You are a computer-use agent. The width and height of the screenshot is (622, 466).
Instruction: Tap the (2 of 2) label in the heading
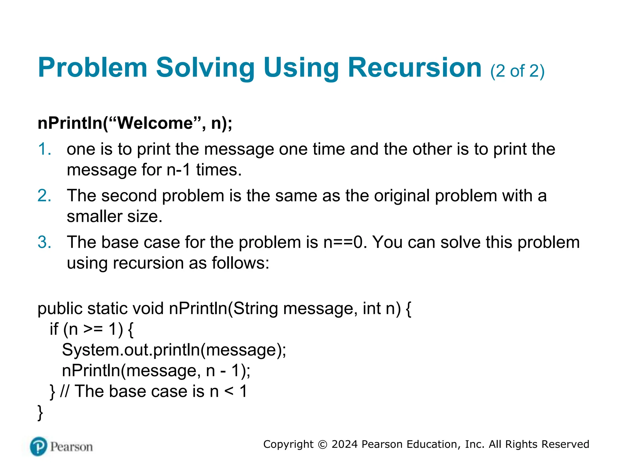click(517, 71)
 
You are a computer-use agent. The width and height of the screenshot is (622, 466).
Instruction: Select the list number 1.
click(44, 149)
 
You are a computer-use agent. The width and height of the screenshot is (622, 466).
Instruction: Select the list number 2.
click(44, 196)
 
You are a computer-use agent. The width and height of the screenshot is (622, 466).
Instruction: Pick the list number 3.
click(44, 242)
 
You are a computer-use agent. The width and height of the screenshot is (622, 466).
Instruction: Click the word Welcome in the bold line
click(155, 123)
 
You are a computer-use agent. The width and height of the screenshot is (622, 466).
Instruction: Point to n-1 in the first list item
click(179, 170)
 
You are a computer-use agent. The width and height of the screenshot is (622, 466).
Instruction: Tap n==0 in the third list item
click(343, 242)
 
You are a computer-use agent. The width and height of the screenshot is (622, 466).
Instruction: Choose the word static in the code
click(108, 309)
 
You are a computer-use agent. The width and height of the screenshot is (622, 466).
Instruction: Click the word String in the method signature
click(255, 309)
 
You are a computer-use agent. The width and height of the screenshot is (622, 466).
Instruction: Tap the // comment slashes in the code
click(64, 391)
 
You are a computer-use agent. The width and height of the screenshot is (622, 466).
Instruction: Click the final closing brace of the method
click(40, 413)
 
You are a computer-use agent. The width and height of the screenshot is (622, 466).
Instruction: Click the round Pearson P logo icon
click(39, 446)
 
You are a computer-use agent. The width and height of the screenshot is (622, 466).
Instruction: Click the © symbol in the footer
click(322, 445)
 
